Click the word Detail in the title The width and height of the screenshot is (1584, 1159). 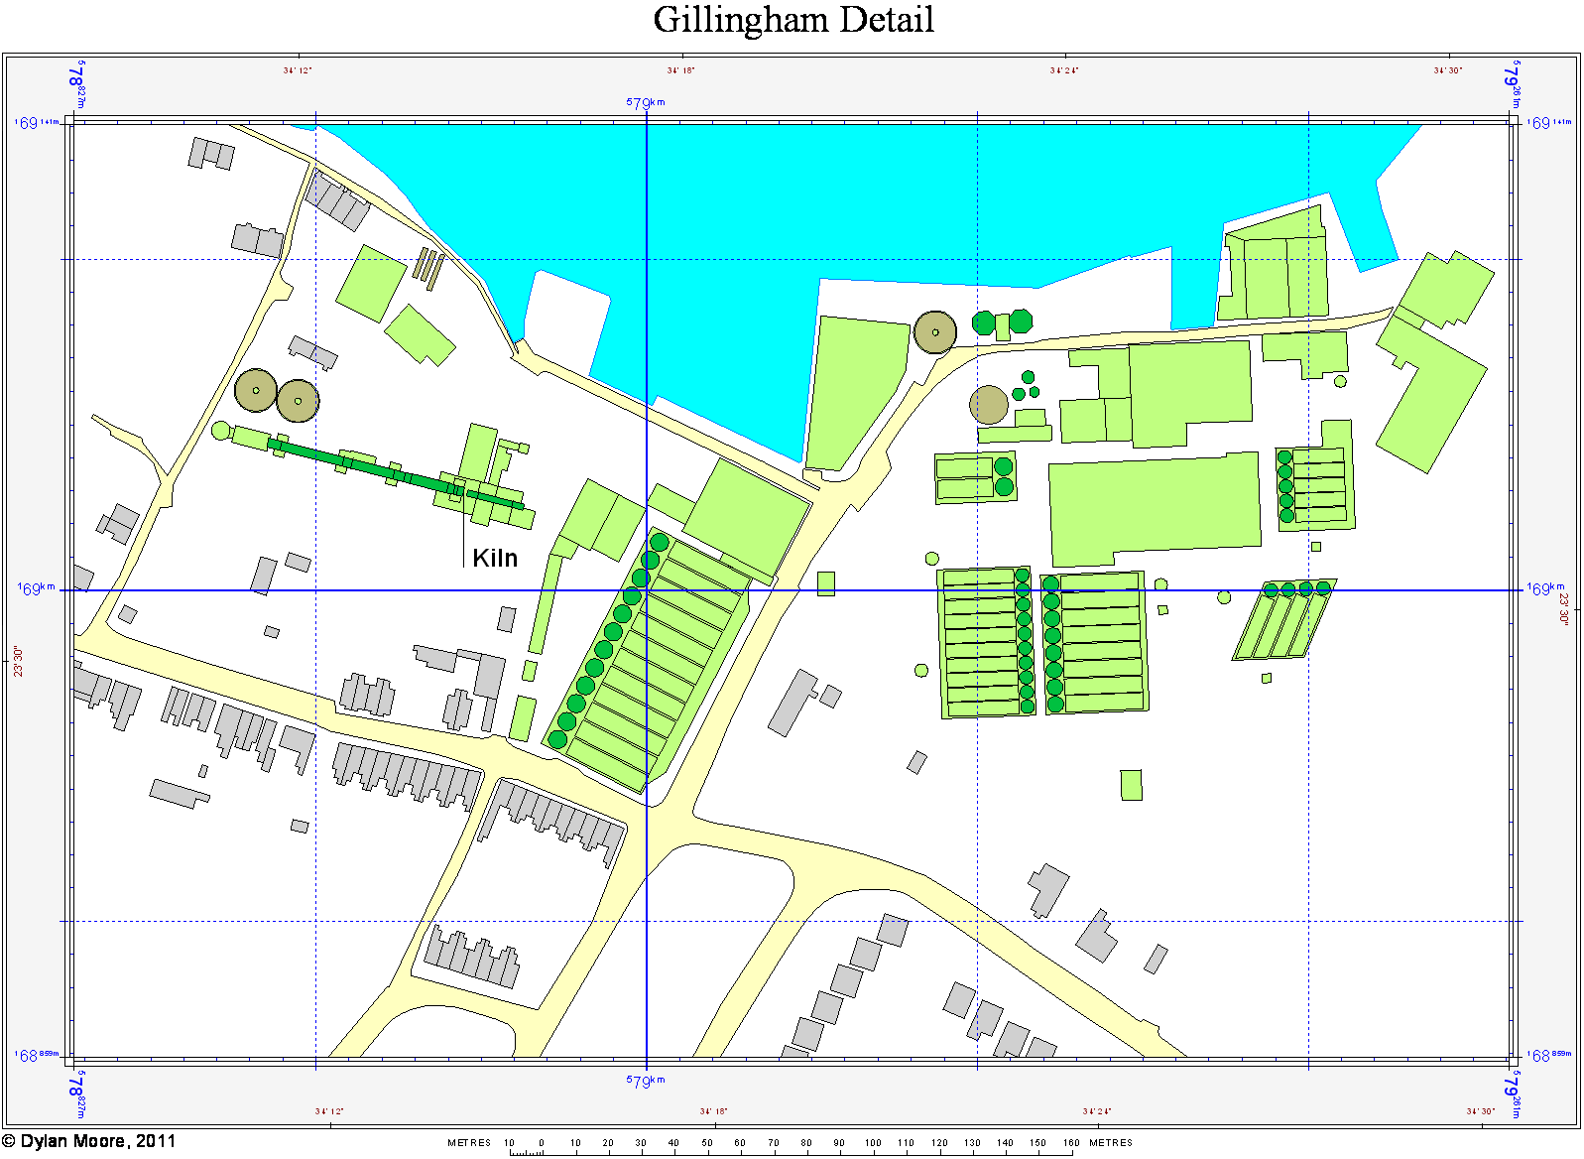point(887,20)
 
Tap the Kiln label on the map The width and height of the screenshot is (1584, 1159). point(495,558)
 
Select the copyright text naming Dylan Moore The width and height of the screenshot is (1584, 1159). point(89,1141)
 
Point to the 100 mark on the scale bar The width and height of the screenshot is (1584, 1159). point(873,1143)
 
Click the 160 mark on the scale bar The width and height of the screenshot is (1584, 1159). point(1071,1143)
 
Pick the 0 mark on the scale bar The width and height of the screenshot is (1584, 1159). point(542,1143)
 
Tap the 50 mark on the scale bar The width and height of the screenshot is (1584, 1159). point(707,1143)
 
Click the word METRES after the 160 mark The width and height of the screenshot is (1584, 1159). point(1111,1143)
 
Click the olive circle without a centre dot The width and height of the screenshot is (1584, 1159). point(988,405)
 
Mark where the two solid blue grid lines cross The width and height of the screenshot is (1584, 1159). point(647,590)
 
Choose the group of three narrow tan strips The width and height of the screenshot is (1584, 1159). point(427,266)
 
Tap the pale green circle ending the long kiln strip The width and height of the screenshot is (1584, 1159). point(221,431)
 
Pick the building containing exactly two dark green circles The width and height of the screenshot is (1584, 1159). point(974,477)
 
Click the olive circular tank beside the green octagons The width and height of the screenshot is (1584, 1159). point(934,332)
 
